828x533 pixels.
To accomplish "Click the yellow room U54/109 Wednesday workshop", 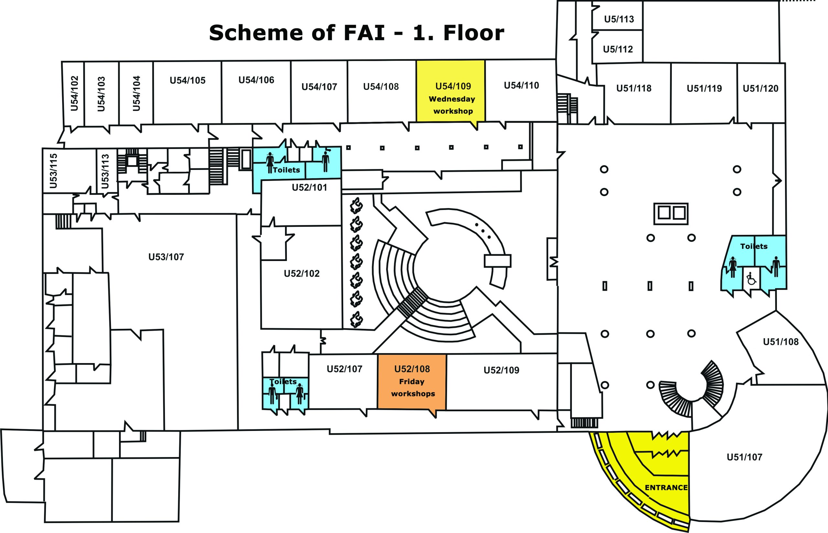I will (451, 92).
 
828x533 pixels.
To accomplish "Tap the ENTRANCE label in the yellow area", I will (666, 488).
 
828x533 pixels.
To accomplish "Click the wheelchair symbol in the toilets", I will (751, 278).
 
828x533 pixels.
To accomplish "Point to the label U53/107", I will (166, 257).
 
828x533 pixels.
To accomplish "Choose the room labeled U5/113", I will (619, 19).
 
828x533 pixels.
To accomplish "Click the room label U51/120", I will (760, 89).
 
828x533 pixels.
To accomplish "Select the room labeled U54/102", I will (74, 93).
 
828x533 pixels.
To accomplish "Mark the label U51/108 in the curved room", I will (780, 342).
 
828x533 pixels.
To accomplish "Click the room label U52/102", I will (301, 273).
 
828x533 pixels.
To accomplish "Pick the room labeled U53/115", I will (53, 171).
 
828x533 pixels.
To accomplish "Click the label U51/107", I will (744, 457).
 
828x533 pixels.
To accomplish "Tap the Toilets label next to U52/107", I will (283, 381).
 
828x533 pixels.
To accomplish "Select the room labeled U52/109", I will (501, 370).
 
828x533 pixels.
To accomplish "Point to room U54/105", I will (187, 80).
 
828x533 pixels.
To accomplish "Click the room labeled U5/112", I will (618, 49).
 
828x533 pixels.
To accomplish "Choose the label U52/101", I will (309, 188).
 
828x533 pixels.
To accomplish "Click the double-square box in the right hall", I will (671, 214).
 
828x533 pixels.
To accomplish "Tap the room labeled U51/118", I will (633, 88).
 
